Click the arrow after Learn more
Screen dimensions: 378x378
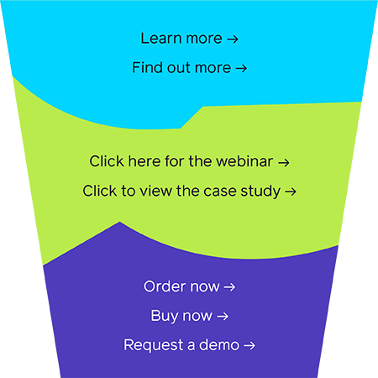tap(233, 39)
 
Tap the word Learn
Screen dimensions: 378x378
tap(161, 38)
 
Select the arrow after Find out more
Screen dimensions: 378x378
tap(241, 68)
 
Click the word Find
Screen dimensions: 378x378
tap(147, 67)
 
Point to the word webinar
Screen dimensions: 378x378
tap(244, 161)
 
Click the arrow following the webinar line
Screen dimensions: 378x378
tap(284, 162)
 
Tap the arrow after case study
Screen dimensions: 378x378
tap(291, 192)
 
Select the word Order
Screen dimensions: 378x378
tap(165, 286)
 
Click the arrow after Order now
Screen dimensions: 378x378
tap(229, 287)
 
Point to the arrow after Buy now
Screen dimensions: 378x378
tap(223, 317)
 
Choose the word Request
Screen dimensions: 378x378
tap(154, 345)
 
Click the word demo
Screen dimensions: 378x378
tap(219, 344)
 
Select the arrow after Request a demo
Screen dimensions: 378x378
tap(249, 345)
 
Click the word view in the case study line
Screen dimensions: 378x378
tap(155, 191)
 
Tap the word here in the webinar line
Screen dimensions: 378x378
tap(144, 161)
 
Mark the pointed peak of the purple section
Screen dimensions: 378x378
tap(120, 222)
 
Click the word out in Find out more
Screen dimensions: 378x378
tap(178, 67)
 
